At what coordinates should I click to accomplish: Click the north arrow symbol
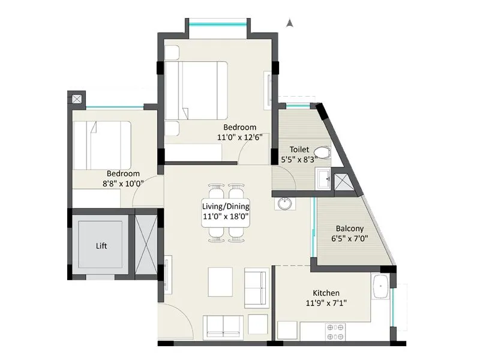[x=290, y=24]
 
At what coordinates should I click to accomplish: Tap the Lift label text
[x=103, y=246]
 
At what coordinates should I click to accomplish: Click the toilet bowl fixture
[x=322, y=152]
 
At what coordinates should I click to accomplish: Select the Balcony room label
[x=349, y=229]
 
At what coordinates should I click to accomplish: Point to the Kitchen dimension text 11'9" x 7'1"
[x=325, y=303]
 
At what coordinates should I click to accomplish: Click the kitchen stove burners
[x=335, y=331]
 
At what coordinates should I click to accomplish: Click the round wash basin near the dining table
[x=284, y=204]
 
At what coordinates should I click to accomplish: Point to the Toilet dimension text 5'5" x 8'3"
[x=299, y=160]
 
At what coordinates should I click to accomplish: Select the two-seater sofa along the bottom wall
[x=224, y=327]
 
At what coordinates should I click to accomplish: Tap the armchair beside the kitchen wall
[x=258, y=289]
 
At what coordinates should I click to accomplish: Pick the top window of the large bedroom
[x=217, y=24]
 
